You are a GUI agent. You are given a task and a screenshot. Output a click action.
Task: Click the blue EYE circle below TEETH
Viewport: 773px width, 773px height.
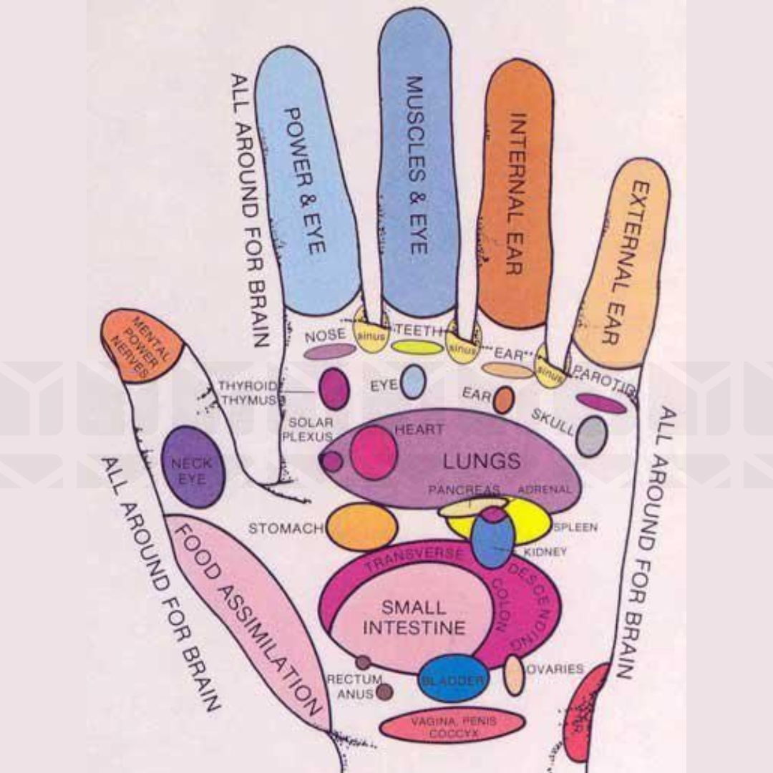[413, 381]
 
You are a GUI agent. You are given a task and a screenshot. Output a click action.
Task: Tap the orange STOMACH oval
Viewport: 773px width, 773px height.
[362, 527]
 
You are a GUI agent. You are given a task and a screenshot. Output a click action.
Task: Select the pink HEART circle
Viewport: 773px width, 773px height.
[374, 452]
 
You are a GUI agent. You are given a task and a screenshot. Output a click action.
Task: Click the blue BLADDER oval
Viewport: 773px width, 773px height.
[453, 679]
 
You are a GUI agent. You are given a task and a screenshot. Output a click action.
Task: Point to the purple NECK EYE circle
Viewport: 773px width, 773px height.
[193, 467]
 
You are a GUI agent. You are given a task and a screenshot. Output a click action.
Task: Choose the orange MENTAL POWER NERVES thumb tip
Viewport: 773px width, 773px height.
[142, 346]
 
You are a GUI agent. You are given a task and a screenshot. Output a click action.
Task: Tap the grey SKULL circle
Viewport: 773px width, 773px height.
[592, 436]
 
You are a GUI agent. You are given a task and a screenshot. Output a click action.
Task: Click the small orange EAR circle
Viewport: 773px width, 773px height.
[503, 399]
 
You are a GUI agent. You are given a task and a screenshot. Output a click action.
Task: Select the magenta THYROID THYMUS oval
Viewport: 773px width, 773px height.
[334, 389]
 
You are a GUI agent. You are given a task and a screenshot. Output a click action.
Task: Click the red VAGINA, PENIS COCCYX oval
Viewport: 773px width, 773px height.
[452, 725]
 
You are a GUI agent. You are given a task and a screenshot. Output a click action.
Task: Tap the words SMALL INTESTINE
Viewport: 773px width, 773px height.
[414, 618]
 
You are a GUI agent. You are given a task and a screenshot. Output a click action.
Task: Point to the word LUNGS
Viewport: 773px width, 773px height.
[481, 460]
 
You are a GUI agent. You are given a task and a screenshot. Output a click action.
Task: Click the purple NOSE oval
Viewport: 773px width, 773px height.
[330, 351]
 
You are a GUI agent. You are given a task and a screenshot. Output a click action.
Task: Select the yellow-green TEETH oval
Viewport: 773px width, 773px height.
[417, 348]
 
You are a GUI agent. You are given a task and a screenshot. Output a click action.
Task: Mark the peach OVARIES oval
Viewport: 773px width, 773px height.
[514, 674]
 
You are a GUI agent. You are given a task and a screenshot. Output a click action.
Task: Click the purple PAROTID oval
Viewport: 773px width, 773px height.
[601, 404]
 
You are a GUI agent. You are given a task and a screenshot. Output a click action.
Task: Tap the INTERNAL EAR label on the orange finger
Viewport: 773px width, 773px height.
[517, 193]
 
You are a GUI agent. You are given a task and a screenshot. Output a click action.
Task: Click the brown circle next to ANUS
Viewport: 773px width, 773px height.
[384, 691]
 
